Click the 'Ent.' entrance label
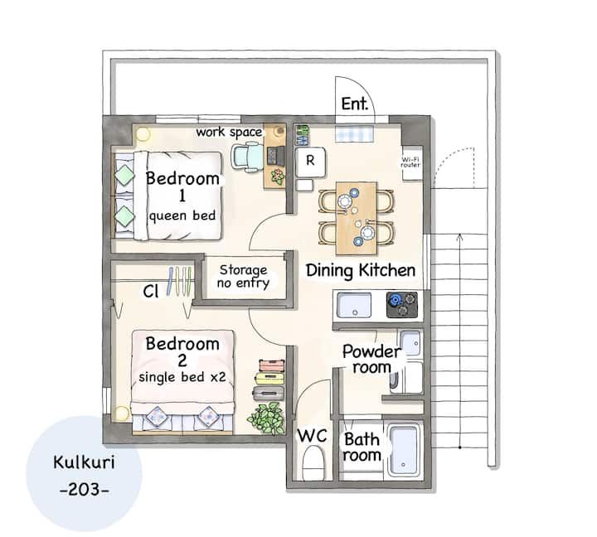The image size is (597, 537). point(355,104)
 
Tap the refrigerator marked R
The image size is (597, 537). point(310,162)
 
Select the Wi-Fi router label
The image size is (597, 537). point(410,162)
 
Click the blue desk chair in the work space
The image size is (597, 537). point(247,157)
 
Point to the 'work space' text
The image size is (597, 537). point(229,133)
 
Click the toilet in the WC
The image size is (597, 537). point(313,462)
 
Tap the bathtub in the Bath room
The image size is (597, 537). point(404,451)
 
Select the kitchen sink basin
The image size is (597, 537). point(354,305)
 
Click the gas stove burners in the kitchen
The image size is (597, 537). point(401,304)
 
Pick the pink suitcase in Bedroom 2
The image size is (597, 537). point(271,365)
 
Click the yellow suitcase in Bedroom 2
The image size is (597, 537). point(270,378)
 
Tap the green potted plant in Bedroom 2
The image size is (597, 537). point(267,418)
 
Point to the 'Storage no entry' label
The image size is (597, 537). point(243,276)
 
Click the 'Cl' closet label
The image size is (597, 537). point(150,291)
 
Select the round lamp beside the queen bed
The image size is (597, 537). point(143,133)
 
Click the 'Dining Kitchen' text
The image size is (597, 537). point(360,271)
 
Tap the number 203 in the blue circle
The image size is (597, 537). point(85,490)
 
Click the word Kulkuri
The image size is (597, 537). point(84,462)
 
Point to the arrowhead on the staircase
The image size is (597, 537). point(460,238)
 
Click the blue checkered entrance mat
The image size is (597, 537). point(355,133)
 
